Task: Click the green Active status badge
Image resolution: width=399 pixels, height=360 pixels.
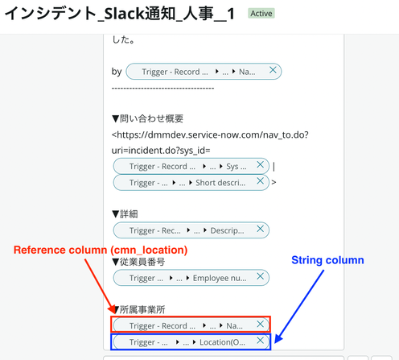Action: [x=261, y=14]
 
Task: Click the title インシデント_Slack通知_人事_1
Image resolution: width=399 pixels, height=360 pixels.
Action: [x=120, y=14]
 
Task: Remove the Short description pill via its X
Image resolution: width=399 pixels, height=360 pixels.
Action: [x=260, y=181]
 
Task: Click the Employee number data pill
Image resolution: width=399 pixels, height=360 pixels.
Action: [x=191, y=278]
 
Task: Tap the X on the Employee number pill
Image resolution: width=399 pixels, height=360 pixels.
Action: [x=260, y=276]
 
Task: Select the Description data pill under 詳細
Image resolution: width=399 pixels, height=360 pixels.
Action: [x=191, y=230]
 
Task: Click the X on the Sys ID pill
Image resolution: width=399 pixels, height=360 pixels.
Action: [x=260, y=165]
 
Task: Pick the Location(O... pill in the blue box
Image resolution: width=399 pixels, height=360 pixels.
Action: [x=191, y=342]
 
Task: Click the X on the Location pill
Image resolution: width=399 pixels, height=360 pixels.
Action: [x=260, y=341]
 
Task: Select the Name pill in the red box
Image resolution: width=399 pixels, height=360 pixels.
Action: [x=191, y=325]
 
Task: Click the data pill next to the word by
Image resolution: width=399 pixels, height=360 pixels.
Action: [x=204, y=72]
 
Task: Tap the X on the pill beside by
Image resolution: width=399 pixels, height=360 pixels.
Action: [x=273, y=70]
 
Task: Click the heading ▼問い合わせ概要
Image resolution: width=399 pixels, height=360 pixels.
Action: [x=147, y=118]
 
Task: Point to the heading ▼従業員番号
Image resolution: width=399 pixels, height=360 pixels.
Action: [x=138, y=262]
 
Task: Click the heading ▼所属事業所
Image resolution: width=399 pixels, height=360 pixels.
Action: [x=138, y=309]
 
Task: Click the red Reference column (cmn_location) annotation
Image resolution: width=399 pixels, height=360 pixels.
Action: [x=101, y=250]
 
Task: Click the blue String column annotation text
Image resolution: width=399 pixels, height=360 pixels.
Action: [x=327, y=260]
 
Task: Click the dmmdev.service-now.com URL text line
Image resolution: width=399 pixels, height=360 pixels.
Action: [x=210, y=134]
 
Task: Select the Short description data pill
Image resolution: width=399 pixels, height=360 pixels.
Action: [x=191, y=183]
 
